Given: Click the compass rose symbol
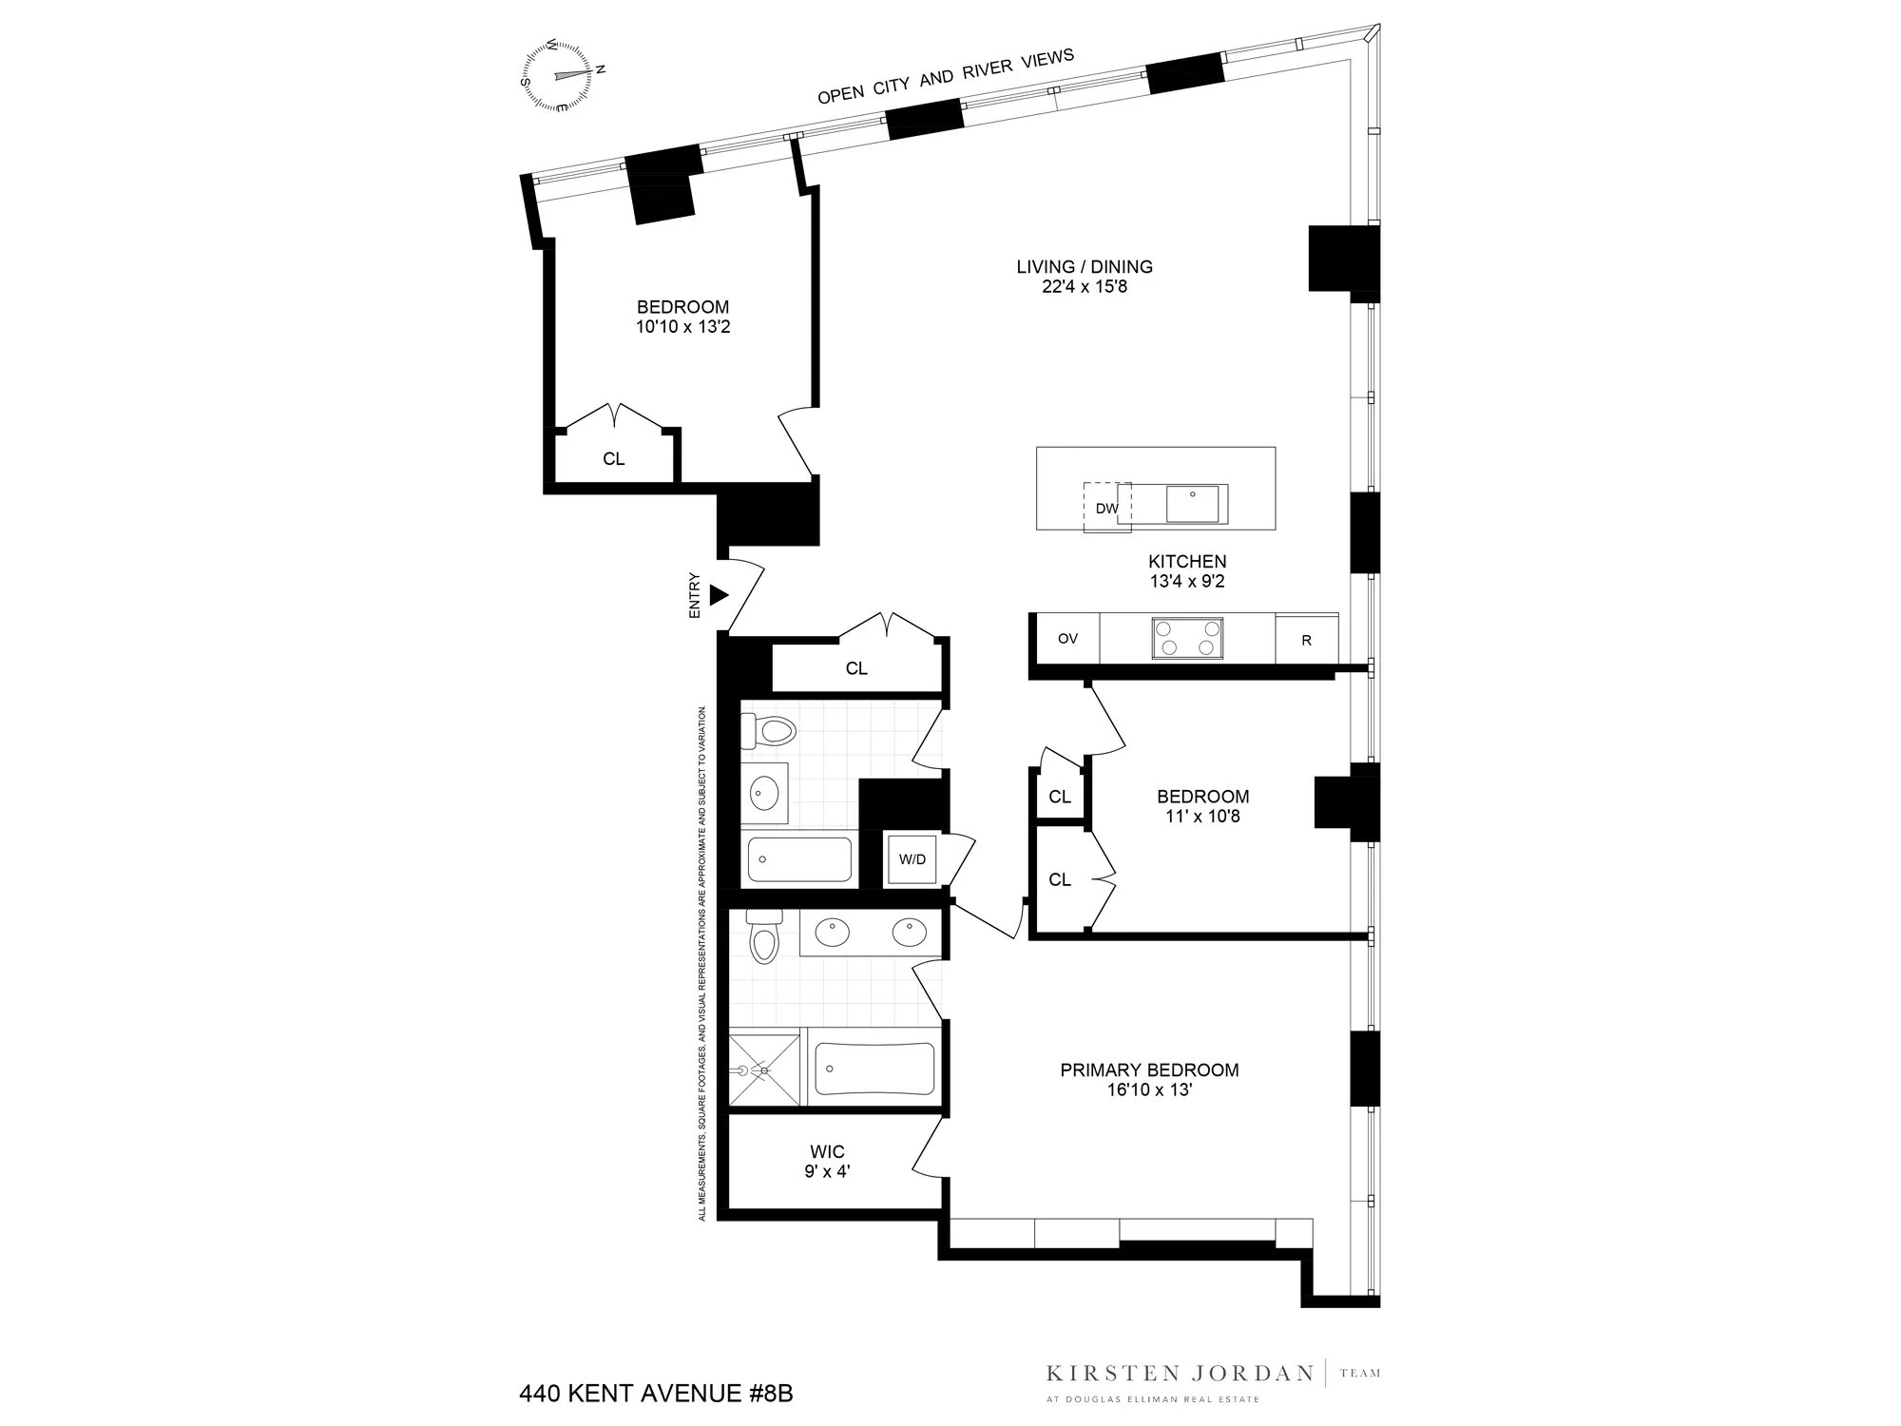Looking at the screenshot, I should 562,75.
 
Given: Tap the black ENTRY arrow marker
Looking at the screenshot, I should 719,595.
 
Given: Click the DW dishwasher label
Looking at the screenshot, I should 1106,509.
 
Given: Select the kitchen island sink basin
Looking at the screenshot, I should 1192,504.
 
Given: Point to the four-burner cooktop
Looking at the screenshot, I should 1187,638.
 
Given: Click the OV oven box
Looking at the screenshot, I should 1067,639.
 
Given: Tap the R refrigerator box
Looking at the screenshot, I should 1306,640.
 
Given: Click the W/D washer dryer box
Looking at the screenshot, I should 912,859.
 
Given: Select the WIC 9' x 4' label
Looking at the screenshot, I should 827,1162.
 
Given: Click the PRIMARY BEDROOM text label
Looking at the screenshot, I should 1149,1069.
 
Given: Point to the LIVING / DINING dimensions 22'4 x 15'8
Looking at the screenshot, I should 1085,286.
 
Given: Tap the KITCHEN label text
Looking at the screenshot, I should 1187,561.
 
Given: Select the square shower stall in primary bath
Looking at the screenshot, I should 764,1069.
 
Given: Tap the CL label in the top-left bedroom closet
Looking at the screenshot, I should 614,459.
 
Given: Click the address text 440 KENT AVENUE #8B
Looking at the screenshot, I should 656,1394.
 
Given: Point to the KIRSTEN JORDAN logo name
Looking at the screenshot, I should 1180,1373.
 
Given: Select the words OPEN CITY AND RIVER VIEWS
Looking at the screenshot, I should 946,76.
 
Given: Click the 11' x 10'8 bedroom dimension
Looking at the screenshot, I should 1202,816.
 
